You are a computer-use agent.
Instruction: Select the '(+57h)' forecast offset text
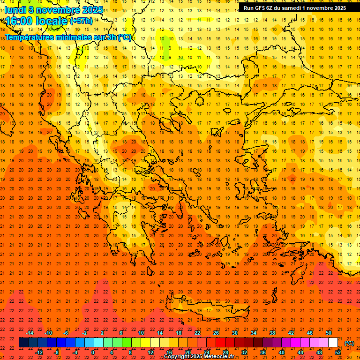tap(81, 21)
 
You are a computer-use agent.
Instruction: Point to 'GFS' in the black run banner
tap(262, 8)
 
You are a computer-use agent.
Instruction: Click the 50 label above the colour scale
tap(328, 333)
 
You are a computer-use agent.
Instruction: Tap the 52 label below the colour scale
tap(338, 352)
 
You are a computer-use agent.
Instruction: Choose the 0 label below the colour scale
tap(93, 352)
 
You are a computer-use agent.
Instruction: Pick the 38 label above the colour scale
tap(272, 333)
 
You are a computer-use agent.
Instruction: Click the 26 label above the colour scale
tap(216, 333)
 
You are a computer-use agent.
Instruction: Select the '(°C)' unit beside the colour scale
tap(349, 343)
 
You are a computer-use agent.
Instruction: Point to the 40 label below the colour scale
tap(282, 352)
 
